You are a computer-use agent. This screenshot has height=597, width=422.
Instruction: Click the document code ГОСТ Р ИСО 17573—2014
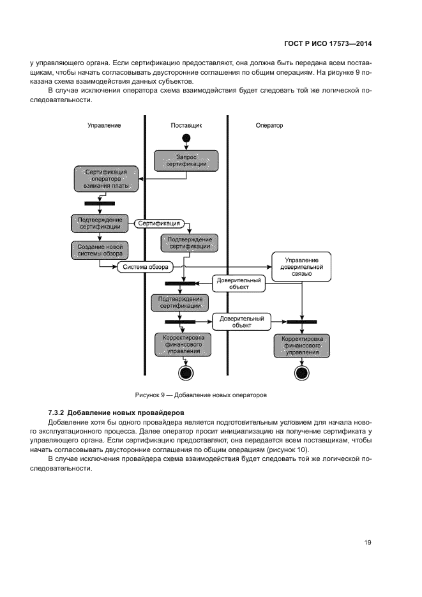[x=328, y=45]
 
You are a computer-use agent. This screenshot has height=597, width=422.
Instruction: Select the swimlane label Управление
[x=104, y=126]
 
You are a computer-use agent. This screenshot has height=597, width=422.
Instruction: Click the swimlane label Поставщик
[x=186, y=126]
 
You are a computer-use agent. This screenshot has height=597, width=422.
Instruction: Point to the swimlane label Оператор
[x=269, y=126]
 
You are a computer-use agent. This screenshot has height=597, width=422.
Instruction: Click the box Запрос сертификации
[x=186, y=160]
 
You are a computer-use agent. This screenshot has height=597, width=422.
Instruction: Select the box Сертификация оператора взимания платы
[x=106, y=179]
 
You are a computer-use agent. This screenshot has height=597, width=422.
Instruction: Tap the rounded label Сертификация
[x=159, y=223]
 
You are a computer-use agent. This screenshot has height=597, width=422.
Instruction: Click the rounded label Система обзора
[x=146, y=267]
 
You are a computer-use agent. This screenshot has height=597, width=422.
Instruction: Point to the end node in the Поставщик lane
[x=186, y=373]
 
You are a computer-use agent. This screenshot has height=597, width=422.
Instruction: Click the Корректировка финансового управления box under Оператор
[x=301, y=345]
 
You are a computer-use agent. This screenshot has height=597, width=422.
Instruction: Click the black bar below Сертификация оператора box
[x=100, y=203]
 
